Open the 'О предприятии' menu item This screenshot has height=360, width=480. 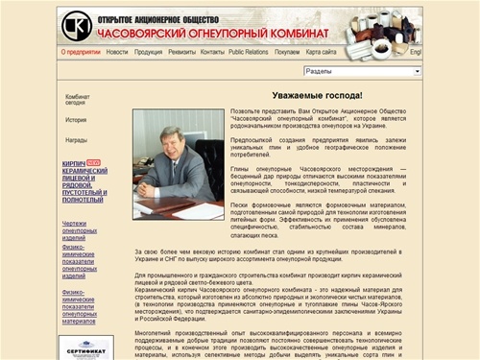click(81, 53)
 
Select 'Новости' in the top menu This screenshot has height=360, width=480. click(117, 53)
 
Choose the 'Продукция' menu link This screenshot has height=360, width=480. click(149, 53)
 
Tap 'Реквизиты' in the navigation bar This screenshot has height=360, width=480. click(182, 53)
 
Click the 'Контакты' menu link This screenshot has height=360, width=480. click(213, 53)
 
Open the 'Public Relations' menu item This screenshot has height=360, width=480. click(250, 53)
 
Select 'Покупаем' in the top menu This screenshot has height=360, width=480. click(288, 53)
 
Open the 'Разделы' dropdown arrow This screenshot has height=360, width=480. click(418, 71)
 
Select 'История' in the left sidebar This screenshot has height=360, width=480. click(76, 121)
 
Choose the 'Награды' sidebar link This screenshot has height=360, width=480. click(76, 140)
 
